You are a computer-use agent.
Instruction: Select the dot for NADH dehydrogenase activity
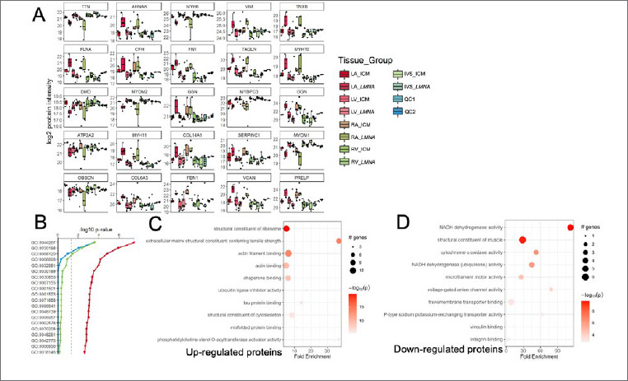(x=570, y=227)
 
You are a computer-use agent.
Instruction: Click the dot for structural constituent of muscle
(x=522, y=240)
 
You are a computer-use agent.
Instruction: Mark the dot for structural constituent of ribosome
(x=286, y=227)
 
